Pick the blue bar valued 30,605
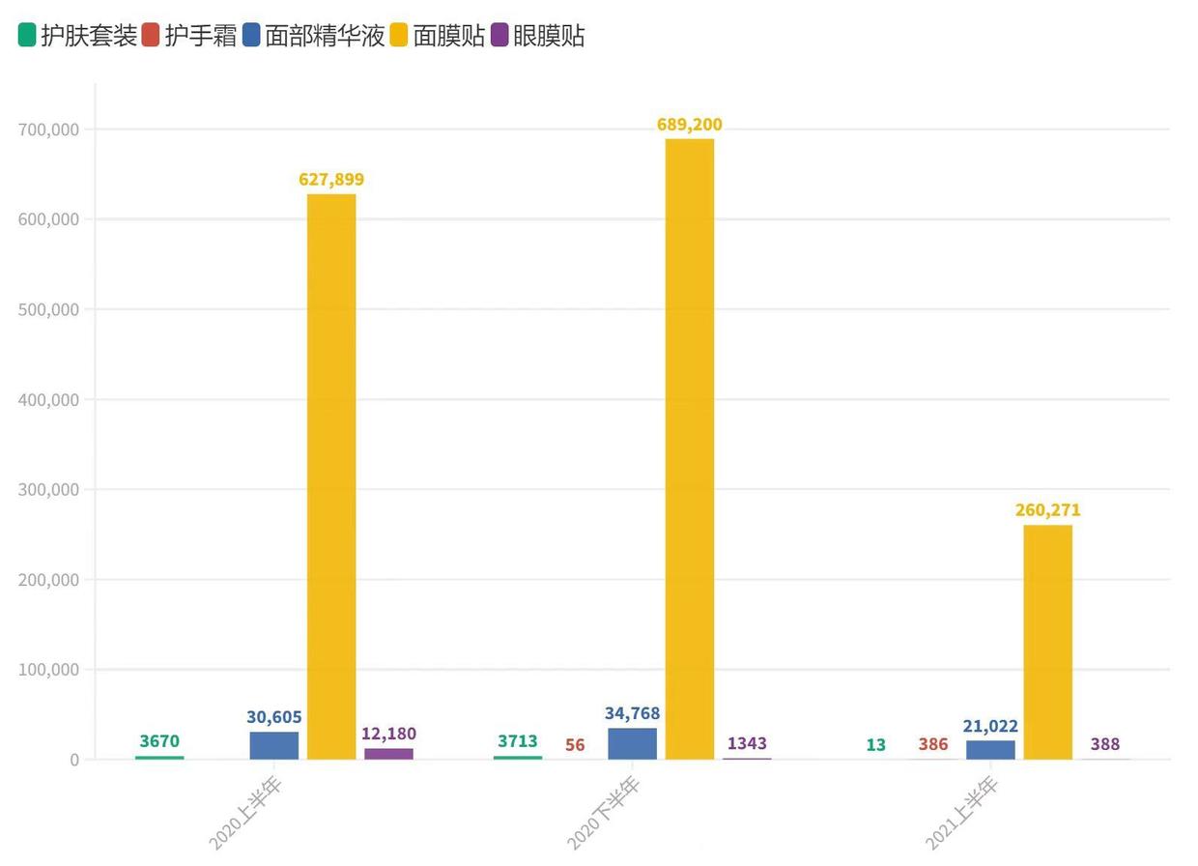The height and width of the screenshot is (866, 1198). pos(273,745)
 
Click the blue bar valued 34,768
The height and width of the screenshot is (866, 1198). pos(632,743)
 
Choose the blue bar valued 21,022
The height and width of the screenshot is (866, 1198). pos(990,749)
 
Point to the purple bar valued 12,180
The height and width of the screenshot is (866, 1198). pos(388,754)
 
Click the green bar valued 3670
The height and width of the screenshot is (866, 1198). pos(159,758)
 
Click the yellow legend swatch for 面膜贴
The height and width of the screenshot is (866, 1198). pos(399,37)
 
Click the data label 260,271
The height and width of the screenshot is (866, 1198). pos(1047,510)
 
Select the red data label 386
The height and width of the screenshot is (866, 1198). pos(933,745)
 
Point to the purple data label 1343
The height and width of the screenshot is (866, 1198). pos(747,744)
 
